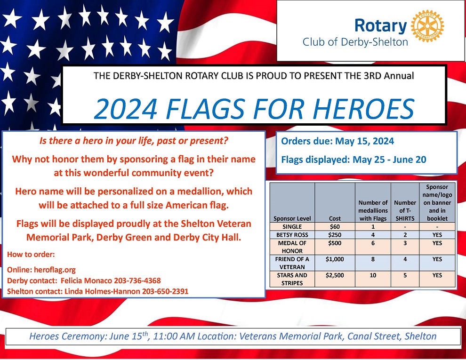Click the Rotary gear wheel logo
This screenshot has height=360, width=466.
[427, 26]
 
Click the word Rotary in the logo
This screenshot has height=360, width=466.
[380, 26]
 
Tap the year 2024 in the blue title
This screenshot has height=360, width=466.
[125, 109]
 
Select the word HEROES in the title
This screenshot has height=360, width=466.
[363, 109]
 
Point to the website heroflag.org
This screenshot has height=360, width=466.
[55, 270]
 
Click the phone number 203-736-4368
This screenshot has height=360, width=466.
[137, 280]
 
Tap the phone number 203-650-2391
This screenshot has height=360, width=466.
[165, 291]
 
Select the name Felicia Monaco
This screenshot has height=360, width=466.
[87, 280]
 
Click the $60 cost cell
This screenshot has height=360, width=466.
[335, 227]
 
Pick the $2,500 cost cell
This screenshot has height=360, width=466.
[335, 275]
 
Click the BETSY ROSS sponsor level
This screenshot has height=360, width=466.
[292, 235]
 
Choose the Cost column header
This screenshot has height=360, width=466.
[335, 218]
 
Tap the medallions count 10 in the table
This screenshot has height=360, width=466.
[373, 275]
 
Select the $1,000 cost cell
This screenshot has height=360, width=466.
[335, 259]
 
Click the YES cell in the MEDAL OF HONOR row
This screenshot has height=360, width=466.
[437, 243]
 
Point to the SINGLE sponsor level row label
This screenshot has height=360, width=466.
[292, 227]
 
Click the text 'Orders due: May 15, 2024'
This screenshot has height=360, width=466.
[337, 141]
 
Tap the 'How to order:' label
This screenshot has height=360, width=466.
[31, 254]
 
